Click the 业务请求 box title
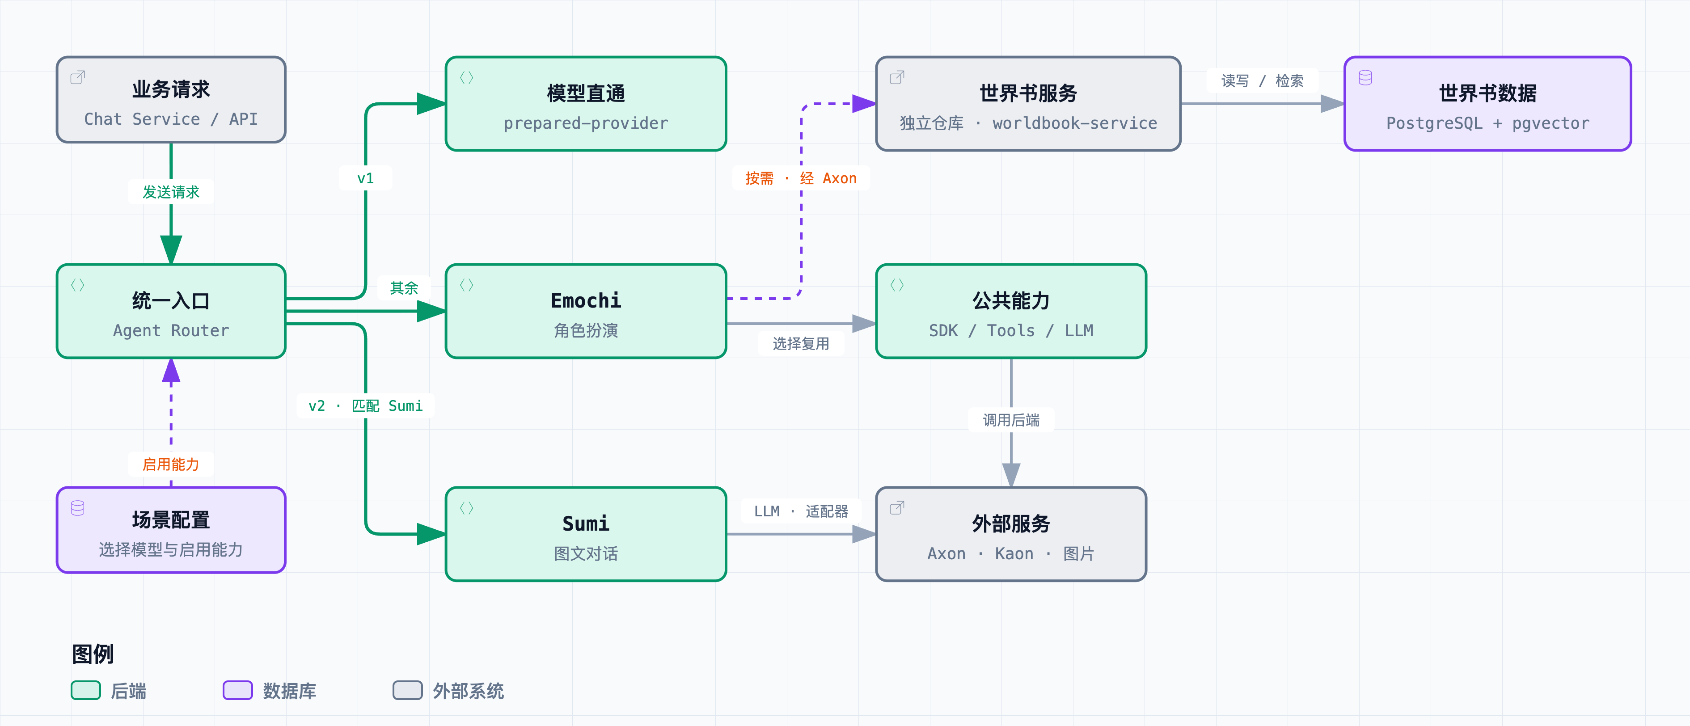pos(171,89)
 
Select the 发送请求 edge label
pos(171,192)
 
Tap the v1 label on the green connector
pos(365,178)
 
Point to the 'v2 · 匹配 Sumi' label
pos(365,406)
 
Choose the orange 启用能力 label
pos(171,464)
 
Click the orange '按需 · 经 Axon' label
pos(801,178)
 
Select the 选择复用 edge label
pos(801,344)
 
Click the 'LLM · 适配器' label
pos(801,511)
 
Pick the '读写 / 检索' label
pos(1262,80)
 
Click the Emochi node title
pos(586,300)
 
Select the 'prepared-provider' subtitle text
pos(586,123)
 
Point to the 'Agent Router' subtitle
pos(171,330)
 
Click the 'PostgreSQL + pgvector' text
pos(1487,123)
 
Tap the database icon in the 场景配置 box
pos(77,508)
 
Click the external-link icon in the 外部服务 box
pos(897,507)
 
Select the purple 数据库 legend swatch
pos(237,691)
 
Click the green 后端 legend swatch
pos(86,691)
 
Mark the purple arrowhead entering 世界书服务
pos(864,104)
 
